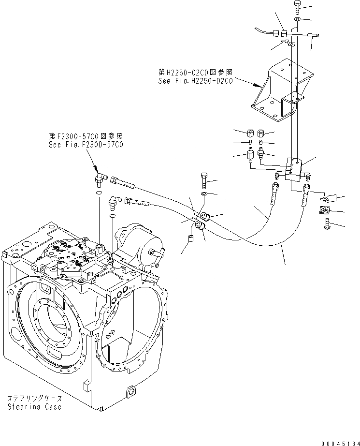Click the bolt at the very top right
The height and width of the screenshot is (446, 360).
[297, 7]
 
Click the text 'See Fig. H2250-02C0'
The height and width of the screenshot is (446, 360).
[195, 81]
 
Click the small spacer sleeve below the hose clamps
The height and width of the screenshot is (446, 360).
[191, 238]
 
